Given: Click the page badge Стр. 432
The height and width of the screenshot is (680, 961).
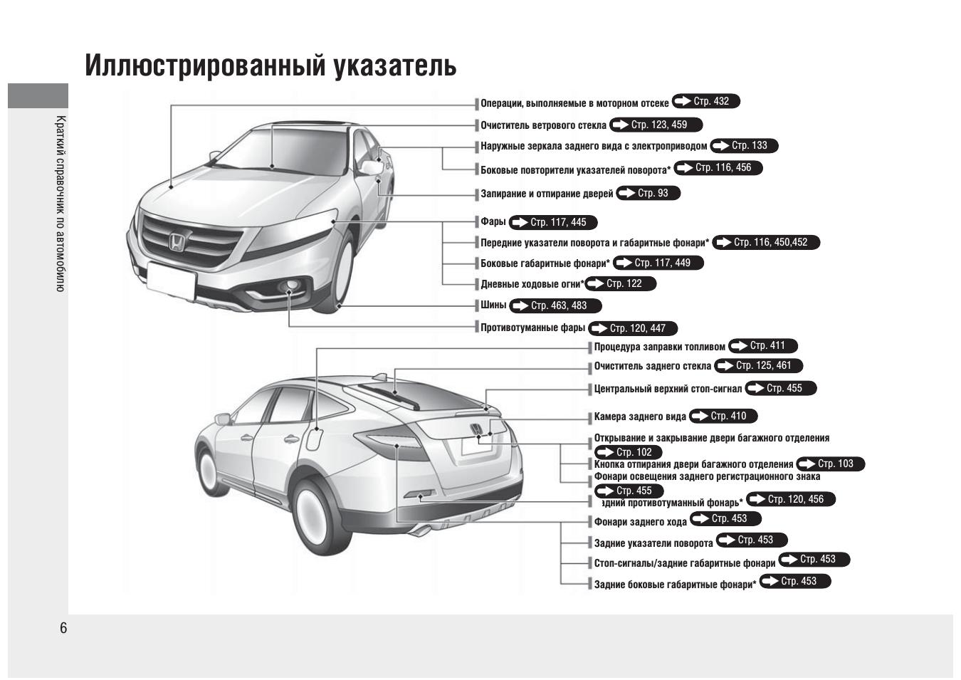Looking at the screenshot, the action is point(705,101).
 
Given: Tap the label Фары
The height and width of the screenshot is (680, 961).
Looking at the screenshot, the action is point(493,221).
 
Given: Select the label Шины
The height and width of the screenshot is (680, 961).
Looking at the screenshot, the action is point(493,305).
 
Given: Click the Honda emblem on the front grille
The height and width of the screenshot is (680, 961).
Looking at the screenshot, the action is point(177,242).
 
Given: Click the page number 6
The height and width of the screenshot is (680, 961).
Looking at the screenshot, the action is point(63,628).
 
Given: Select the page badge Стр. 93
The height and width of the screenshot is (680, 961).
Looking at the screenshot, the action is point(648,193).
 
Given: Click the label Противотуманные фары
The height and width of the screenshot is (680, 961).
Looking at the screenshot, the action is point(533,328).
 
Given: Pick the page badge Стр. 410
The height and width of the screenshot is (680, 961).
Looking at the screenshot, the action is point(723,416).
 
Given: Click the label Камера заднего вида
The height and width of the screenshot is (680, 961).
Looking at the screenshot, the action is point(640,417).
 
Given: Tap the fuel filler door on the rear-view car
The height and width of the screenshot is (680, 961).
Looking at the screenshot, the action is point(313,439).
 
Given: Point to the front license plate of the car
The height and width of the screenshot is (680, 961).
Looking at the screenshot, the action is point(171,280).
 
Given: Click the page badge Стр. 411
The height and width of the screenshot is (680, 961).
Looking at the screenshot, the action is point(763,346).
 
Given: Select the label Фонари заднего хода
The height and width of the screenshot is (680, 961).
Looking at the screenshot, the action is point(640,522).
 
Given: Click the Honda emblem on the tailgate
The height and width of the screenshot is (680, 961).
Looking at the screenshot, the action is point(476,429).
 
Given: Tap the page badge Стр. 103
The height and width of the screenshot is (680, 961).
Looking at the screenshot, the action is point(831,464).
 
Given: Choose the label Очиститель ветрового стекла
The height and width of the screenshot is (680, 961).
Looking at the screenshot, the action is point(543,125).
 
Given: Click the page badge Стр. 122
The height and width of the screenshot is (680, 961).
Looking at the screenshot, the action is point(620,283).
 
